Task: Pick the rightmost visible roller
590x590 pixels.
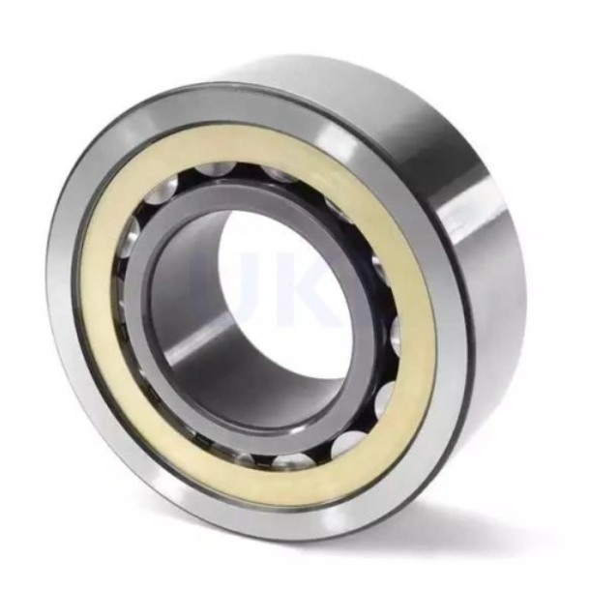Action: click(x=396, y=329)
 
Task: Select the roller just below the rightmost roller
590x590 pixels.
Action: click(x=383, y=397)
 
